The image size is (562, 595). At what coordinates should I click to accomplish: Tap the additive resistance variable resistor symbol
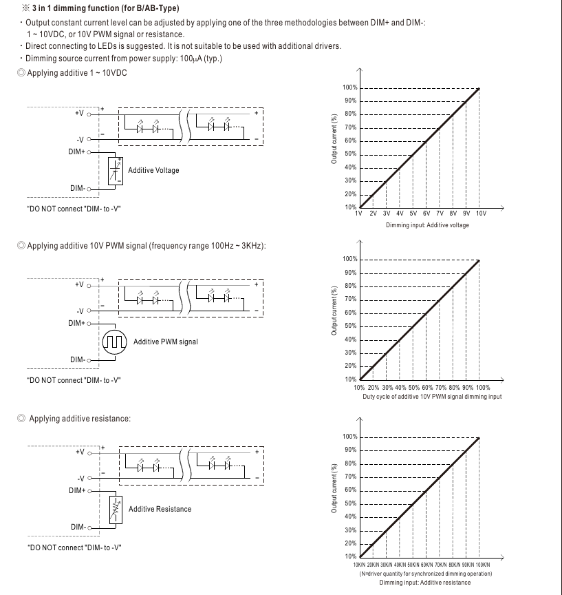click(115, 509)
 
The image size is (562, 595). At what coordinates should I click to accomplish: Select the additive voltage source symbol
click(115, 170)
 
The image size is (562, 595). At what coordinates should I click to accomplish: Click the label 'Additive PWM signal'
click(166, 342)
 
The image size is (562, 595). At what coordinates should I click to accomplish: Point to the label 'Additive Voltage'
click(153, 170)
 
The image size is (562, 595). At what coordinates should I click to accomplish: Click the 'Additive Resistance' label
click(160, 509)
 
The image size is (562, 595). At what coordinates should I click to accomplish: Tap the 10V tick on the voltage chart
click(480, 214)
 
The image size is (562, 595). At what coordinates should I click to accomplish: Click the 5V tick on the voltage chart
click(413, 214)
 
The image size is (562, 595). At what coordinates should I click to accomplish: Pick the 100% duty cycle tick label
click(483, 388)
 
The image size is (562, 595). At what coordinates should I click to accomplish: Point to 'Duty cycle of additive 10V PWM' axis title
click(432, 397)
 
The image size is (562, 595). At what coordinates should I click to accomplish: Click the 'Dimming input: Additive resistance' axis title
click(424, 583)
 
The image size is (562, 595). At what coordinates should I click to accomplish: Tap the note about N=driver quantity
click(425, 574)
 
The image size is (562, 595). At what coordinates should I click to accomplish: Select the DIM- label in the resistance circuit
click(78, 528)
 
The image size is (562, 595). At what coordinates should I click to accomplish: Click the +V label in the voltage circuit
click(79, 113)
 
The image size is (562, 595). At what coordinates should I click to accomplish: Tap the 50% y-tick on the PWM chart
click(350, 326)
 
